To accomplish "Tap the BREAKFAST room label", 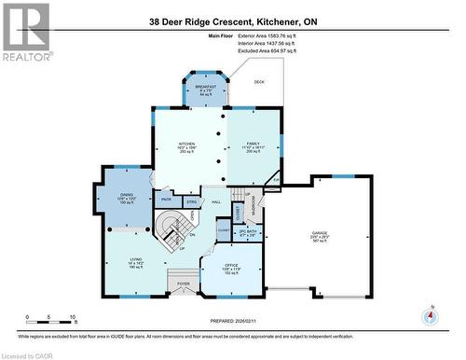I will pyautogui.click(x=206, y=88).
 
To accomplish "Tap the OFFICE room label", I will pyautogui.click(x=233, y=269).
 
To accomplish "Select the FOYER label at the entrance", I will pyautogui.click(x=184, y=284).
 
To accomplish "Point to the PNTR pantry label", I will pyautogui.click(x=166, y=199).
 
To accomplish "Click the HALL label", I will pyautogui.click(x=215, y=202).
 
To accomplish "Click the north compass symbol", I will pyautogui.click(x=430, y=315).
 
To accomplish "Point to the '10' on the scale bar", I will pyautogui.click(x=73, y=317).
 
